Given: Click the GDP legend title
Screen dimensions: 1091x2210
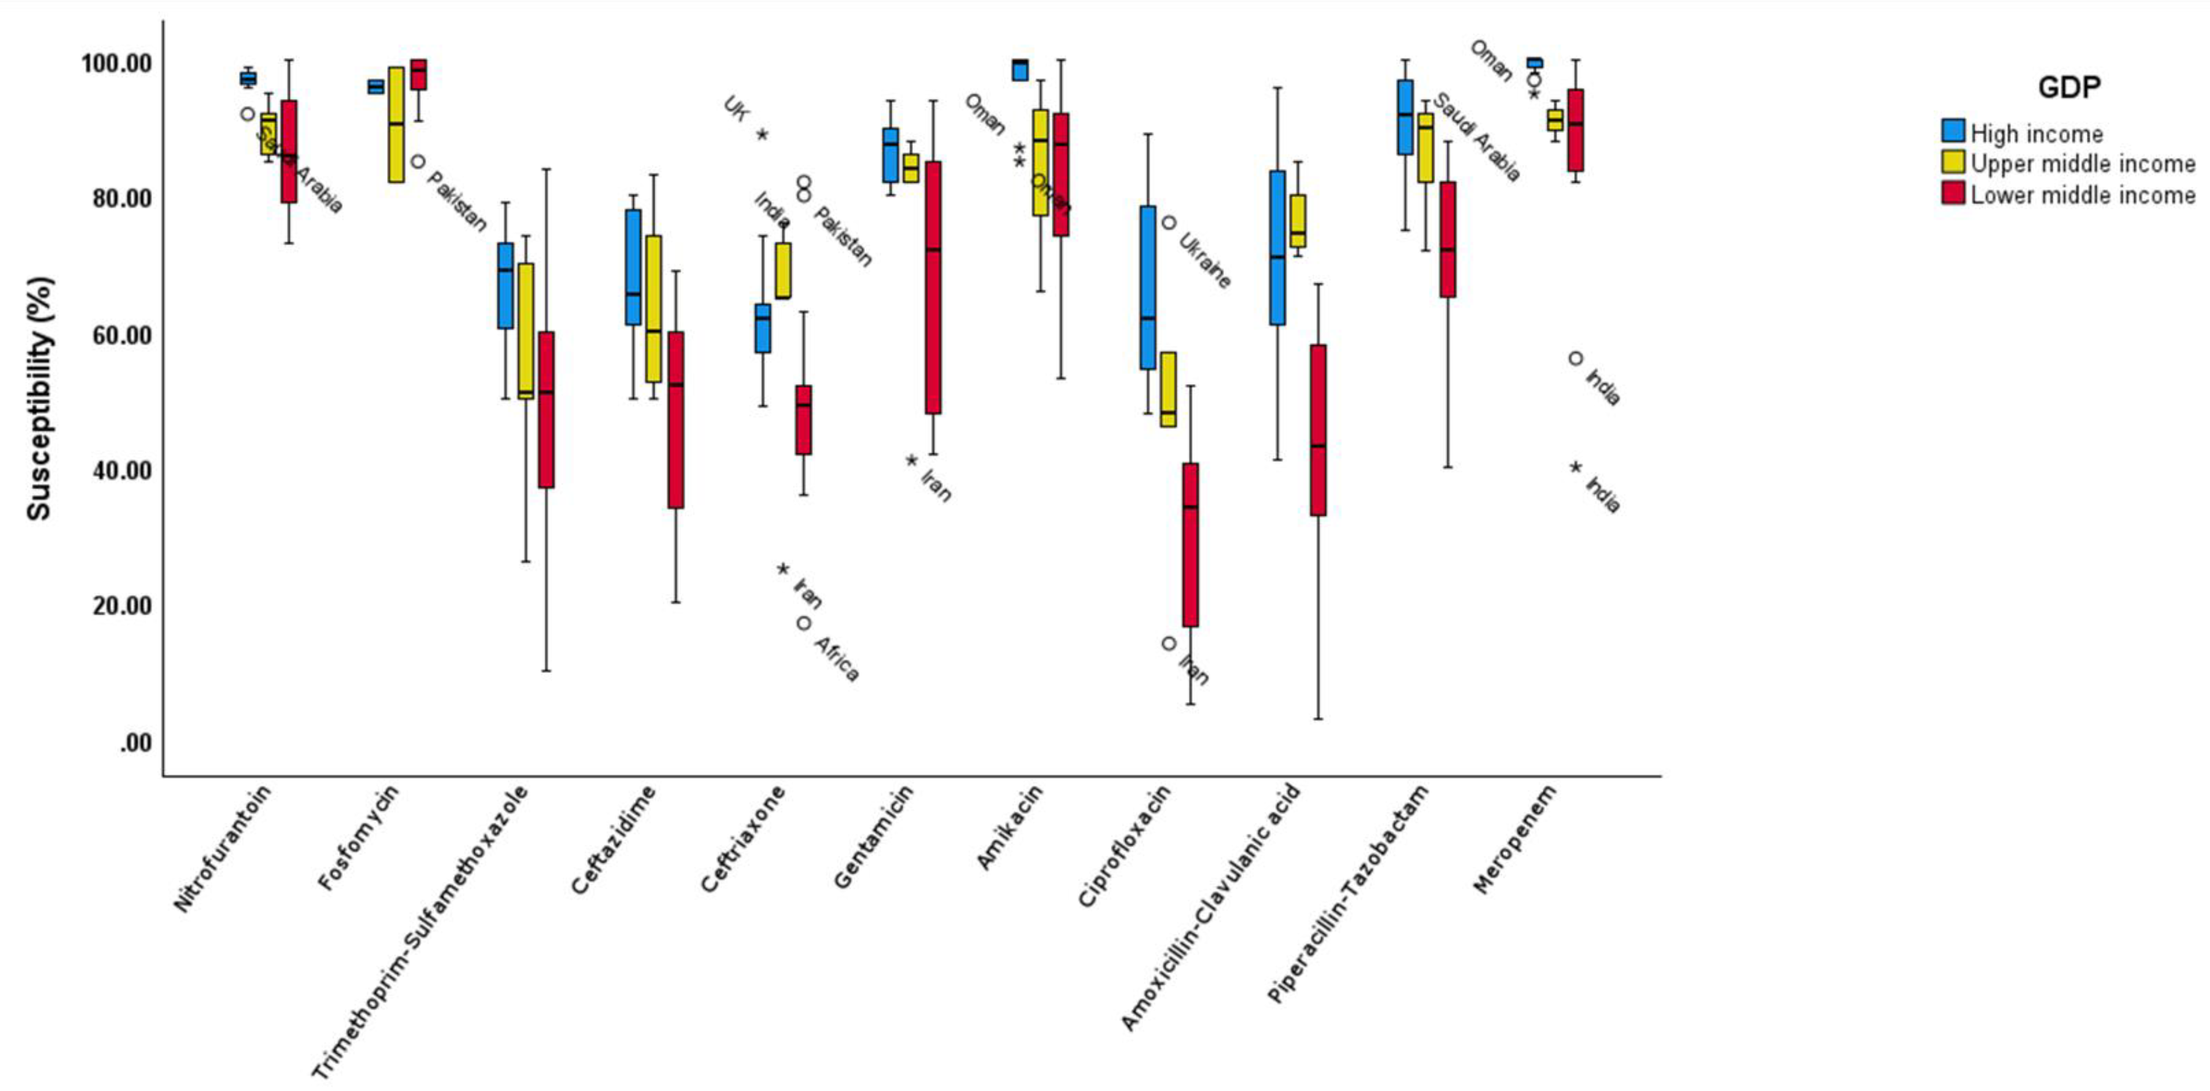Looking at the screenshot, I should coord(2068,87).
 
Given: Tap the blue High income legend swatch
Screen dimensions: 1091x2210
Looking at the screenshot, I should coord(1953,131).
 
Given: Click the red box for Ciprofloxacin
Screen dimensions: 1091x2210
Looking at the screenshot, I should coord(1190,545).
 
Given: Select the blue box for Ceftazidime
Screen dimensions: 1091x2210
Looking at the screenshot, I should coord(633,267).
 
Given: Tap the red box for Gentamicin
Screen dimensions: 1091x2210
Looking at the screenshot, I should coord(932,287).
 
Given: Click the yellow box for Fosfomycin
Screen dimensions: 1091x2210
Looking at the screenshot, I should coord(396,124).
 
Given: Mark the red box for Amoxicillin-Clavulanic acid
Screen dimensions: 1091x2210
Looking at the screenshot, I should coord(1318,429).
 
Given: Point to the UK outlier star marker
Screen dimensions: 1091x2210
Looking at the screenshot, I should coord(762,135).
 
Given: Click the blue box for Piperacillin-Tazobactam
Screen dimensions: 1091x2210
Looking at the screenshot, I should coord(1405,117).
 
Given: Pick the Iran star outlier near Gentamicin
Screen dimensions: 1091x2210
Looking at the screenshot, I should coord(911,461).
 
